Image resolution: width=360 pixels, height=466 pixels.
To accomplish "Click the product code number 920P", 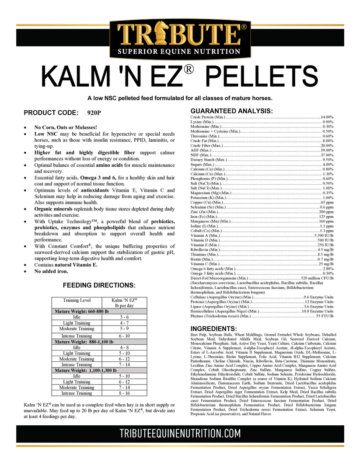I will [94, 112].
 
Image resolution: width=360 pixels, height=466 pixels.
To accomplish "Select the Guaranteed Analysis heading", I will [232, 111].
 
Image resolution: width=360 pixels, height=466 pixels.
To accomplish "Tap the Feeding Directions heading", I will [99, 285].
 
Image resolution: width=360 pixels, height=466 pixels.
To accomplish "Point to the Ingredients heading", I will [214, 329].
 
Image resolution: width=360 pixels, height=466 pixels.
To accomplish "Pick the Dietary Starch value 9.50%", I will [328, 160].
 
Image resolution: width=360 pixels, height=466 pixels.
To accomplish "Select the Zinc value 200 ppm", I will [326, 212].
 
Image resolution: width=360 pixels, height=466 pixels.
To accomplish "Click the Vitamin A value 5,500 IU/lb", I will [324, 235].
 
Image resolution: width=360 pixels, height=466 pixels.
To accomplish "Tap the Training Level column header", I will [77, 301].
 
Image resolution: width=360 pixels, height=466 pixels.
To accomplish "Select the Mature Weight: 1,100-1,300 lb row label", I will [84, 370].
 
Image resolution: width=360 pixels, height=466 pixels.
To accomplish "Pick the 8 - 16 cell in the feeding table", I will [125, 393].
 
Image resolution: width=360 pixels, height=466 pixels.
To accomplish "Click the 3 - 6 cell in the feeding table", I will [125, 317].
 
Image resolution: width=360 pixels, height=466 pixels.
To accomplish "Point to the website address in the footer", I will [180, 433].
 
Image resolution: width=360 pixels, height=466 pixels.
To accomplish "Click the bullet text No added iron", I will [51, 271].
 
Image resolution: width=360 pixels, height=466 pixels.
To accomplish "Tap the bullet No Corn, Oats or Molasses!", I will [66, 127].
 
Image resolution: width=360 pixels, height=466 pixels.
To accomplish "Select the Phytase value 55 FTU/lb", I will [325, 315].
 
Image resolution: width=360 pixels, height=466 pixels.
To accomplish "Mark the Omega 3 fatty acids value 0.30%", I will [328, 273].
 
